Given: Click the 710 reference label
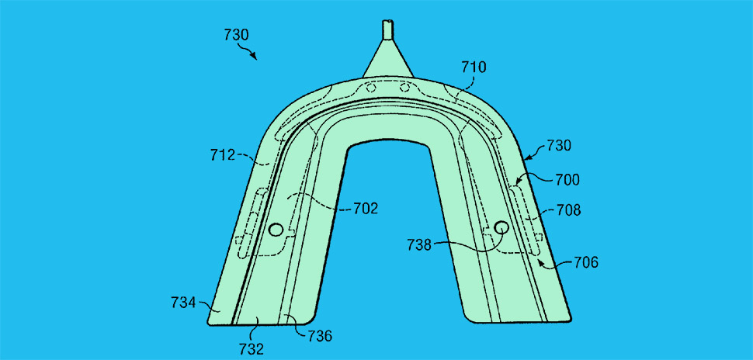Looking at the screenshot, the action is (x=474, y=67).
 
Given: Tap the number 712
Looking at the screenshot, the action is (x=222, y=155).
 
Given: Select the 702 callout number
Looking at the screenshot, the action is (x=366, y=209).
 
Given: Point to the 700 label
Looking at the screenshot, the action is (x=567, y=180).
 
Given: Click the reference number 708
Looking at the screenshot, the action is (x=568, y=210).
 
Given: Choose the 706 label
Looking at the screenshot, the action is (x=586, y=262).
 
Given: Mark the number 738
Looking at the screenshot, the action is (x=420, y=245).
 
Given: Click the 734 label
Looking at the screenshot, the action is (x=183, y=303).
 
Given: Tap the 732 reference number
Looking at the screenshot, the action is (x=252, y=349).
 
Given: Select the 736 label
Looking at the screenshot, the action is (x=319, y=336).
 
